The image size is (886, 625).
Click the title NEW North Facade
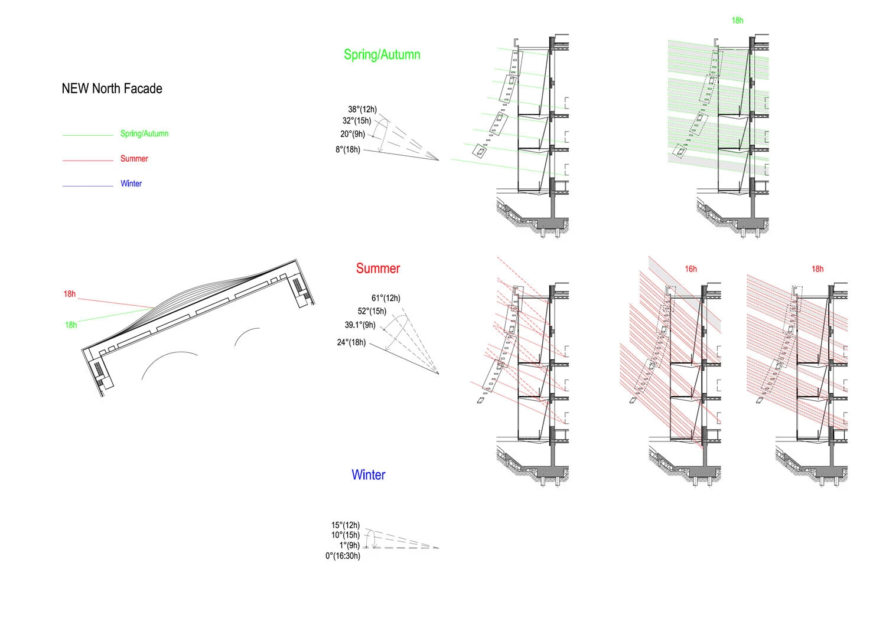(112, 89)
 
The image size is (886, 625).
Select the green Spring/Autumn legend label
(144, 134)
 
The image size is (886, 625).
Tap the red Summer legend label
(134, 159)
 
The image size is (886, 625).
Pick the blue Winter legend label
(131, 184)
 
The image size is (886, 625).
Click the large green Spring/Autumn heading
(382, 55)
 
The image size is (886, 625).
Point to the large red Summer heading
(378, 269)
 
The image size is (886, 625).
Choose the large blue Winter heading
(368, 475)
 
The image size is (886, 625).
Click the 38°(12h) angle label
(362, 109)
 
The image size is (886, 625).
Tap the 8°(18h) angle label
(348, 149)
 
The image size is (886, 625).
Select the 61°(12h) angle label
(386, 298)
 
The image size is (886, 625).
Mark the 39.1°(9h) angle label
(360, 325)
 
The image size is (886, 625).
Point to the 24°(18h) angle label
(351, 342)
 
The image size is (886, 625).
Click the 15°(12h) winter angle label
(345, 525)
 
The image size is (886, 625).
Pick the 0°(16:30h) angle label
(343, 556)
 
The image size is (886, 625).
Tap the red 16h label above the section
(690, 269)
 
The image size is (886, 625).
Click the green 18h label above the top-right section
(737, 21)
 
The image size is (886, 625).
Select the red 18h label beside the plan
(70, 294)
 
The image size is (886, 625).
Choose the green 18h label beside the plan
(71, 325)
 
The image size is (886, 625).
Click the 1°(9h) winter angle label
(349, 545)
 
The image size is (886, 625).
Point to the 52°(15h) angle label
(372, 311)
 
